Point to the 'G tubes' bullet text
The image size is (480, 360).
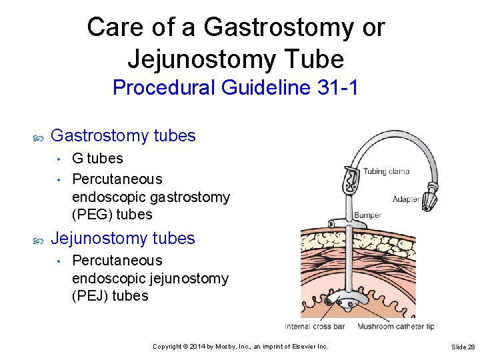tap(97, 159)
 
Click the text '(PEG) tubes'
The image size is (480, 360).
tap(112, 215)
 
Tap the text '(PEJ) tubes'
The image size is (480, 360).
tap(110, 296)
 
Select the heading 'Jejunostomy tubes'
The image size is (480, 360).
tap(123, 239)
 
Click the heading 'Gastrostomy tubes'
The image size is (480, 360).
tap(123, 136)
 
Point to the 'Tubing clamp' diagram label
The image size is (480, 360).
tap(386, 171)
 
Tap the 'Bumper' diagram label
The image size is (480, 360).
tap(367, 215)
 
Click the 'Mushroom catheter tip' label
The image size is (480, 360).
tap(396, 326)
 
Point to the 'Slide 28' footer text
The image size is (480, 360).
tap(463, 347)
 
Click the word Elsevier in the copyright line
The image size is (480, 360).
tap(297, 347)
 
